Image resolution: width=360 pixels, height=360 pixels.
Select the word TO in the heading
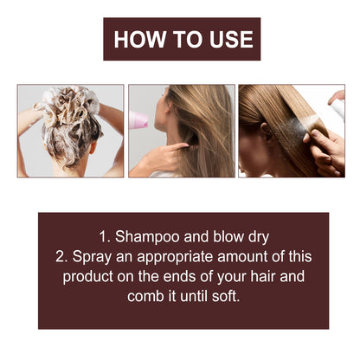(x=183, y=39)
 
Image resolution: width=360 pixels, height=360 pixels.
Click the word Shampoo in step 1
(x=151, y=236)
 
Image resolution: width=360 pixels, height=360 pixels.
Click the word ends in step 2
(x=180, y=277)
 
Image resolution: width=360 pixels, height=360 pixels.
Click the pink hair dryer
(x=138, y=120)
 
